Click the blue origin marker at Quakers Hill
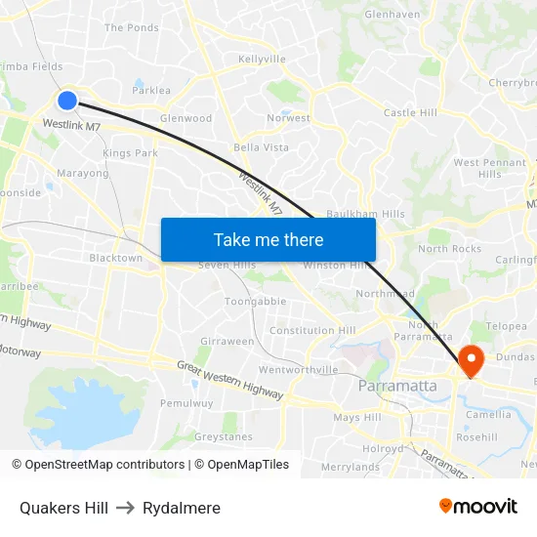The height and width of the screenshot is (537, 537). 67,100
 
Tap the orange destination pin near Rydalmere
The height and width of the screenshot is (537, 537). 471,360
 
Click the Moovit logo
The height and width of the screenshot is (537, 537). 477,506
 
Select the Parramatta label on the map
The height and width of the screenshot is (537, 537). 397,386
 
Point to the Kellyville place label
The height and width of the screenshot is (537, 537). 262,60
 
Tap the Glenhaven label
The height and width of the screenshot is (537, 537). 392,15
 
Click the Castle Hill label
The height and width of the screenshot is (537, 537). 410,113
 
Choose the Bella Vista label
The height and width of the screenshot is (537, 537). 261,147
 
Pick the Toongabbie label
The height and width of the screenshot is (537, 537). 256,302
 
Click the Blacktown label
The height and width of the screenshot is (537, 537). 115,259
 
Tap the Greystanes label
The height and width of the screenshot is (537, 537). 223,437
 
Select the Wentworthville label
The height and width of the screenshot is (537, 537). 298,370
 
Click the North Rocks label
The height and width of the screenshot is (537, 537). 449,249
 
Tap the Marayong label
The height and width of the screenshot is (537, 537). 83,174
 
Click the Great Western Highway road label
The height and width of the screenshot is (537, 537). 229,380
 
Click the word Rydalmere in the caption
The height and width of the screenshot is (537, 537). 182,508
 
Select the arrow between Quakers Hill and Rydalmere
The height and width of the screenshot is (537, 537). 125,508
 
